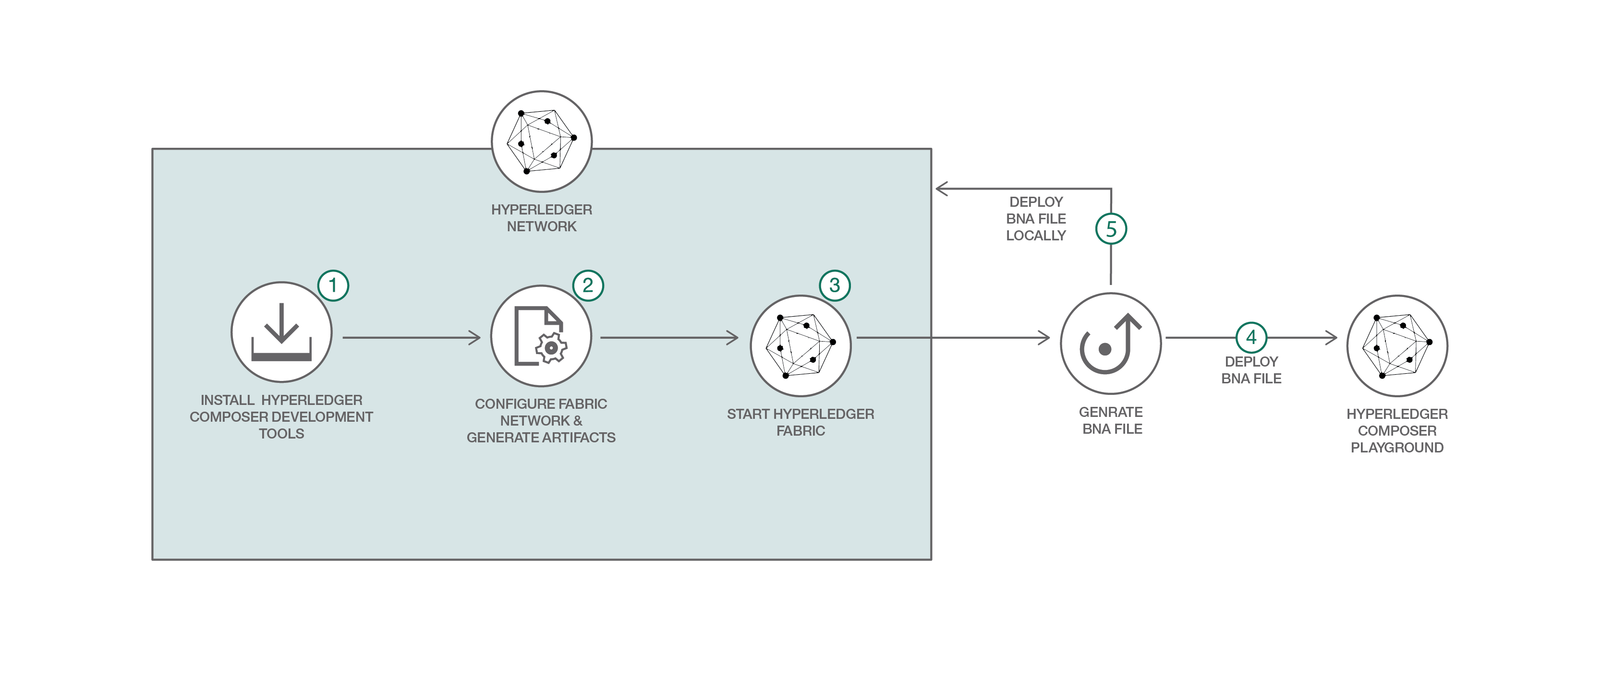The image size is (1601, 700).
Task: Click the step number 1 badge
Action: tap(333, 286)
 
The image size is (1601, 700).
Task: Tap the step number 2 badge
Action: tap(588, 286)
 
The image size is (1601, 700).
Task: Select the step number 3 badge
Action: tap(835, 286)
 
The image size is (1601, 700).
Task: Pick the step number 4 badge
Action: tap(1251, 337)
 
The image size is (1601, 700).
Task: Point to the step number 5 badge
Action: tap(1111, 229)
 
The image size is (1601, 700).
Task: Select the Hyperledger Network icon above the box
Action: tap(541, 142)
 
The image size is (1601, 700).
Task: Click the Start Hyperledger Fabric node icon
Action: tap(800, 346)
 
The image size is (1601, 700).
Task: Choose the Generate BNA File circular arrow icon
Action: tap(1111, 344)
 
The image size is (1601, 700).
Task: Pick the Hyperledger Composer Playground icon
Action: tap(1397, 346)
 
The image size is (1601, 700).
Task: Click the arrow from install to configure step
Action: tap(412, 338)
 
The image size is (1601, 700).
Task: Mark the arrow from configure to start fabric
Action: tap(669, 338)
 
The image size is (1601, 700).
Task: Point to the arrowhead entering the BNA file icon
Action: tap(1043, 338)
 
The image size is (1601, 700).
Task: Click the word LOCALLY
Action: tap(1035, 236)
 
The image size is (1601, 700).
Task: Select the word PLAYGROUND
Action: tap(1396, 448)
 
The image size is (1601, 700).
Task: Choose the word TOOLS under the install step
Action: tap(281, 434)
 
